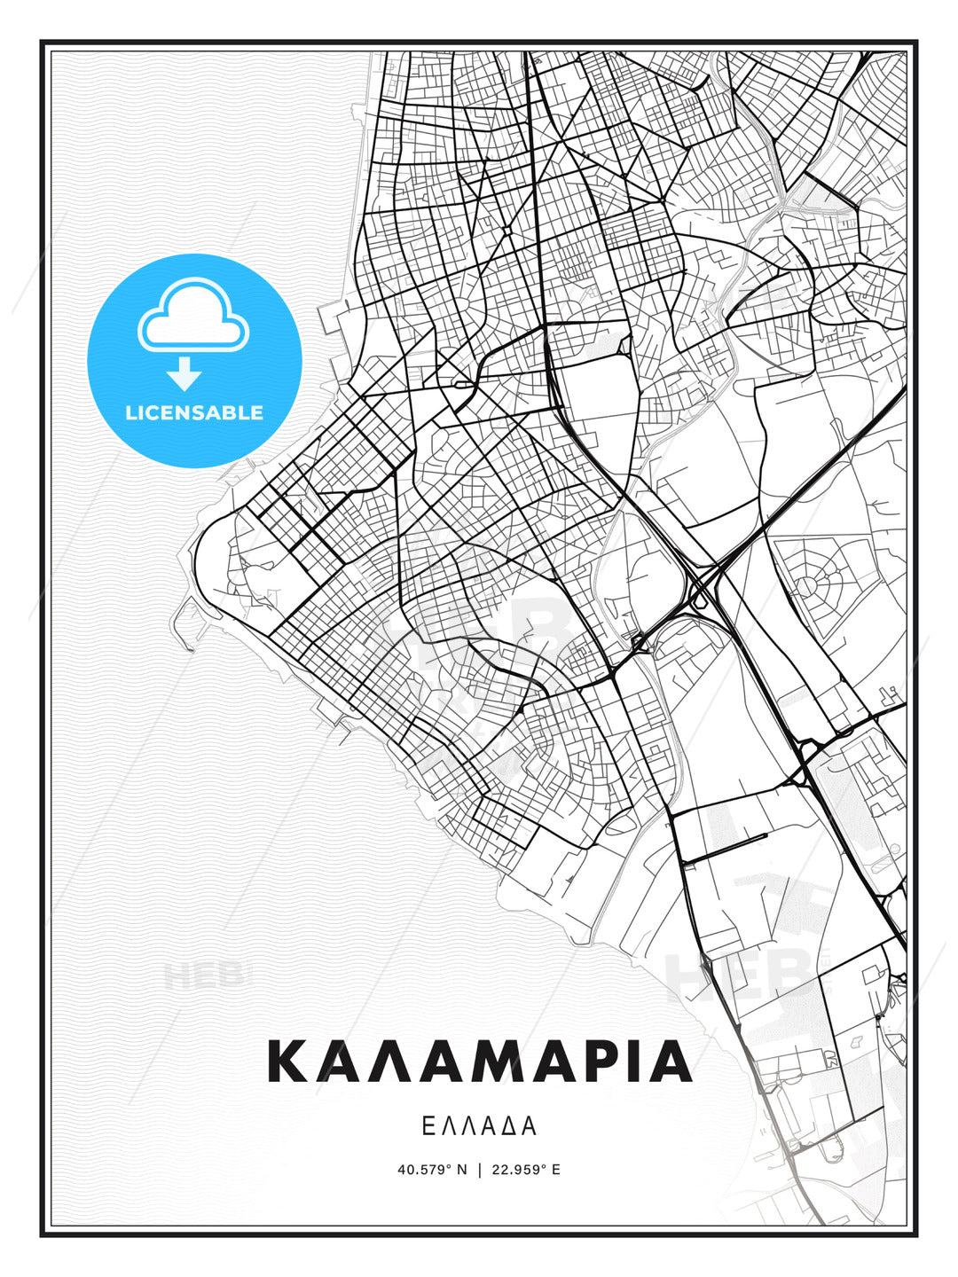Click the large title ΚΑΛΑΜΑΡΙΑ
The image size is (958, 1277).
pos(479,1062)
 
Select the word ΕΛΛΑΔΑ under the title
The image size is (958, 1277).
pos(479,1126)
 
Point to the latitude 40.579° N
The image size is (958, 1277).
pos(432,1169)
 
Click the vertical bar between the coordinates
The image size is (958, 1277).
pos(480,1169)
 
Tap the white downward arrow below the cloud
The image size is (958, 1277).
pos(185,373)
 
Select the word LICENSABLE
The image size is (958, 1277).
pos(194,412)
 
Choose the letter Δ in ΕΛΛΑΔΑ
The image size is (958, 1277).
pos(508,1126)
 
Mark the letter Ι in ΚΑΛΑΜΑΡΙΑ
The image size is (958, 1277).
pos(632,1062)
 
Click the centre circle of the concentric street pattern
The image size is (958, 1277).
pos(807,585)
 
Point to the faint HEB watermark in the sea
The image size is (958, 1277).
pos(202,975)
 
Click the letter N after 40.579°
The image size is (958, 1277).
pos(461,1169)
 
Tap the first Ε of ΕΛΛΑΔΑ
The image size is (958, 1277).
pos(428,1126)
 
